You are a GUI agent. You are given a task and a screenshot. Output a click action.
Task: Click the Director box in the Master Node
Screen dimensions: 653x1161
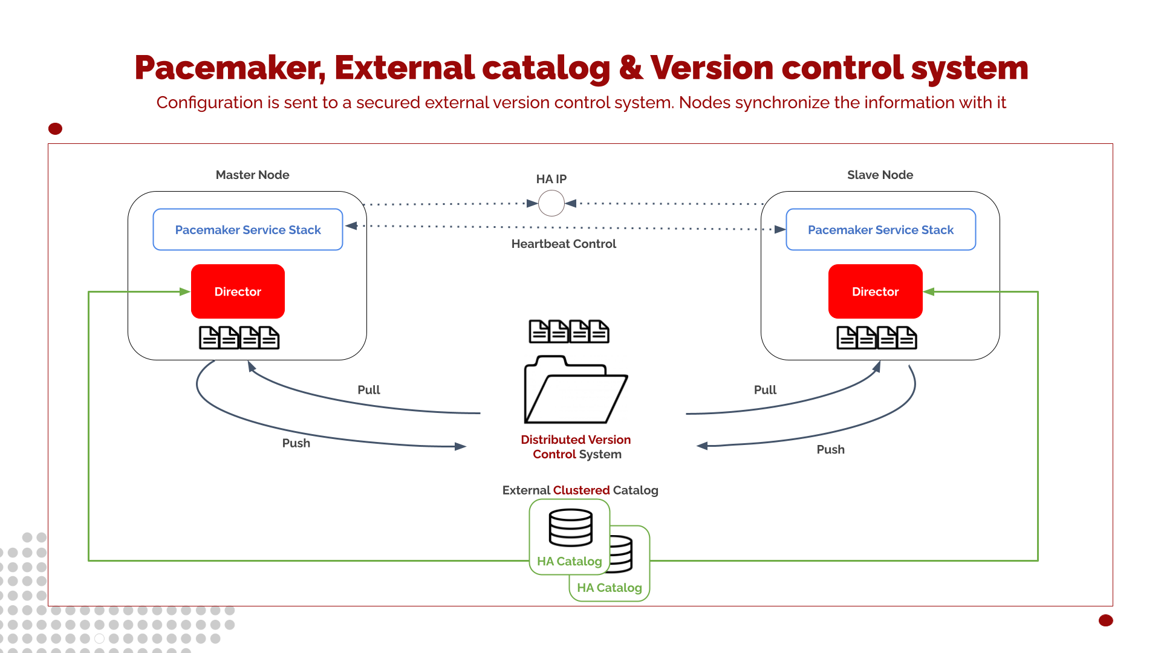(x=238, y=291)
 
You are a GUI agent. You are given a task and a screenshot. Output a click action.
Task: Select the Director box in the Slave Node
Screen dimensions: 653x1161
(x=875, y=291)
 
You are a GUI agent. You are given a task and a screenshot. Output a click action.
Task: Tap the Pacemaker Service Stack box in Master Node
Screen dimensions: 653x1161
(x=248, y=230)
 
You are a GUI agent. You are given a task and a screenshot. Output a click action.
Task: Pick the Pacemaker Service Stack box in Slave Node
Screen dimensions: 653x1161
(x=880, y=230)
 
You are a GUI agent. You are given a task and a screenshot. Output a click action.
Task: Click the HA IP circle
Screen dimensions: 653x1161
(x=551, y=203)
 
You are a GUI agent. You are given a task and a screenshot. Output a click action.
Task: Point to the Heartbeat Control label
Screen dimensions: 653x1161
(x=564, y=244)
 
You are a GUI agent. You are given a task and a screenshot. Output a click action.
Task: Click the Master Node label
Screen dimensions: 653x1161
(x=252, y=175)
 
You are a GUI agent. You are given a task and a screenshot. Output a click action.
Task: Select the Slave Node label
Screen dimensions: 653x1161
(x=880, y=175)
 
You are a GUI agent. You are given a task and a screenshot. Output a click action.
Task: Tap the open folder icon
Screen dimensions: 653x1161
(x=575, y=391)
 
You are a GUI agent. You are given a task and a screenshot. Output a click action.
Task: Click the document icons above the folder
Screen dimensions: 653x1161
(x=569, y=331)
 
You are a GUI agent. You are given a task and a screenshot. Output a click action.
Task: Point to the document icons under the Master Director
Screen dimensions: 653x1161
(x=239, y=337)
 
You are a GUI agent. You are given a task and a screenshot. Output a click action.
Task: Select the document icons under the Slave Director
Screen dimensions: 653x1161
(x=876, y=337)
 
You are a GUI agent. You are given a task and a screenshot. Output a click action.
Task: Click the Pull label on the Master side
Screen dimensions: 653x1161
(x=369, y=390)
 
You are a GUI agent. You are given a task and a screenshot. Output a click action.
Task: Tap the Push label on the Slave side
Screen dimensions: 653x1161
(x=830, y=449)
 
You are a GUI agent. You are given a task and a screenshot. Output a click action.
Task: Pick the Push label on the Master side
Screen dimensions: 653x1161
(x=296, y=443)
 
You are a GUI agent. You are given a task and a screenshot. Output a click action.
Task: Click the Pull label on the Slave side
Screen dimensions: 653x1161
(x=765, y=390)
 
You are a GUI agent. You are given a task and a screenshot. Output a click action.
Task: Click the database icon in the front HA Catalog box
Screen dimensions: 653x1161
(x=570, y=527)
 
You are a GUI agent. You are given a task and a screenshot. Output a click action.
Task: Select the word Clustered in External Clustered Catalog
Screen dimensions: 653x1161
(x=581, y=490)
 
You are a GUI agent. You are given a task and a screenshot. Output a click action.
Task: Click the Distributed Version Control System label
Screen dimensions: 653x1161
(x=576, y=447)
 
